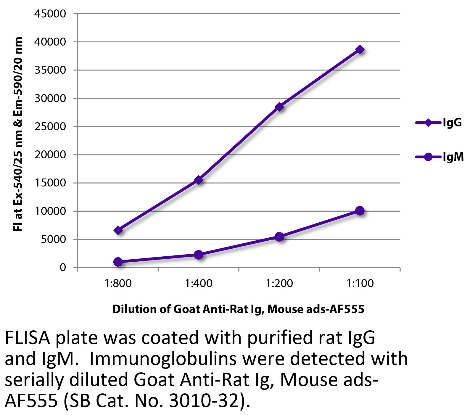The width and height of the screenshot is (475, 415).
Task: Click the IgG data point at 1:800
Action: click(118, 230)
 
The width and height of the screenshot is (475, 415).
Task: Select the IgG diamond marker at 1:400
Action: click(199, 180)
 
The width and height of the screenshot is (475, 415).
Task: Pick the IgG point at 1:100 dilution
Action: click(360, 49)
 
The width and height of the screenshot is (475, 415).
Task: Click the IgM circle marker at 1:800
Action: click(118, 262)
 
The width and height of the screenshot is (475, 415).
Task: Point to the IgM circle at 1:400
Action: click(199, 255)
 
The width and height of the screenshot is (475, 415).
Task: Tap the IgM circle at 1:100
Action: click(360, 211)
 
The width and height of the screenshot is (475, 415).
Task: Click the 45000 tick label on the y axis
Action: click(50, 14)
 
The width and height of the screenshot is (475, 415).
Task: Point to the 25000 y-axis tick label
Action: click(50, 127)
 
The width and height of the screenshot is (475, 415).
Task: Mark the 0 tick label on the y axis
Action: click(62, 268)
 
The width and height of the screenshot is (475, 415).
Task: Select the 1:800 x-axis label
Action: click(118, 284)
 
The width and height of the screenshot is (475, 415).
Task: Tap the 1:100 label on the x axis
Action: click(360, 284)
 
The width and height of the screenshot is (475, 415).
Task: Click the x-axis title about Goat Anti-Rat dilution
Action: click(238, 309)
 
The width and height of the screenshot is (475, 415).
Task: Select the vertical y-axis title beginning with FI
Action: click(18, 135)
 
